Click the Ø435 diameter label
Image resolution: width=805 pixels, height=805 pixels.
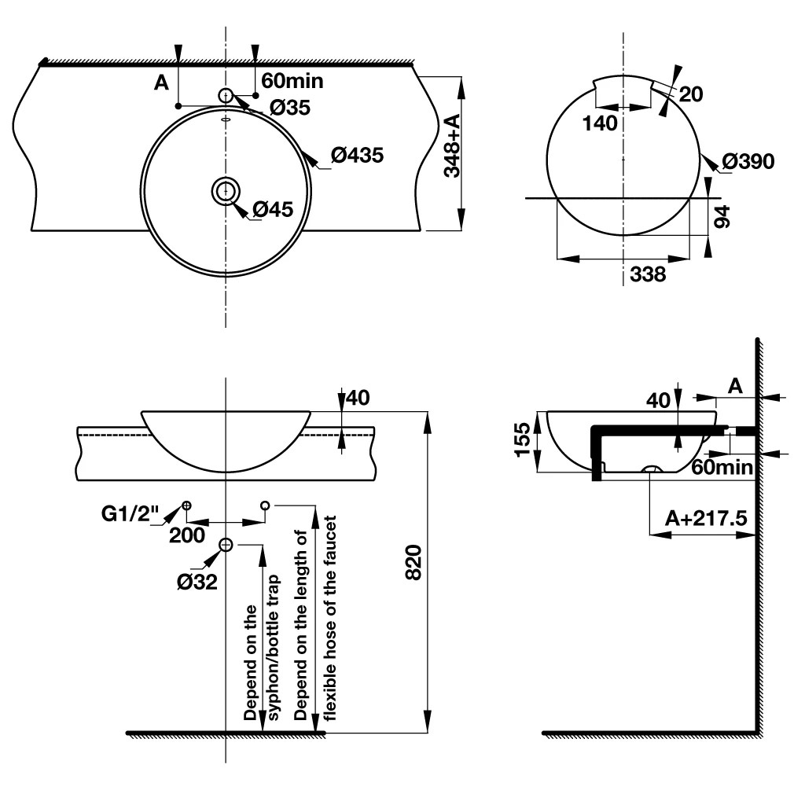[357, 156]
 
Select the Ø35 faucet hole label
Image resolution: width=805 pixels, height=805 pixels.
[289, 108]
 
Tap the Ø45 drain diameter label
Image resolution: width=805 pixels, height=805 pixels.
[273, 209]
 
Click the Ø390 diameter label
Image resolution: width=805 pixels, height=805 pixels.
[748, 162]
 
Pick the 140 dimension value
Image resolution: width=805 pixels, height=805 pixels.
[600, 123]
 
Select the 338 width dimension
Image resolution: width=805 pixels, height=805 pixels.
[648, 274]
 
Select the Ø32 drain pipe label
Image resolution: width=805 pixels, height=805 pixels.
[197, 582]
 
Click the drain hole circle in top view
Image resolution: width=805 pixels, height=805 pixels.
[226, 189]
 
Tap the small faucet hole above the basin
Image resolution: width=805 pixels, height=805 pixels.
[226, 95]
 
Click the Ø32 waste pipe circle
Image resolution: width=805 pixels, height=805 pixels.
[226, 544]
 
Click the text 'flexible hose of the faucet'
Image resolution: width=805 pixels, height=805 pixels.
[330, 618]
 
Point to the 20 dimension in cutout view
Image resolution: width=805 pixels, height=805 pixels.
[690, 94]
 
